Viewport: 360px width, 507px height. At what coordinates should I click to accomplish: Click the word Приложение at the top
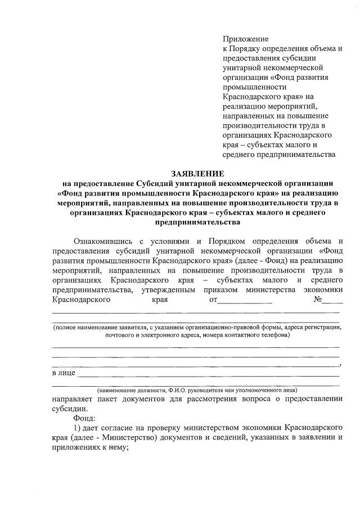tap(246, 39)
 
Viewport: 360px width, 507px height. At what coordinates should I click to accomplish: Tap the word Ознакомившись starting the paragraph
tap(103, 241)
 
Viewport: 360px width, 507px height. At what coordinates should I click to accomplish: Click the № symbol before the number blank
tap(317, 300)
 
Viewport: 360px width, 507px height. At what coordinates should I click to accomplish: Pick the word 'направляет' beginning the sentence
tap(73, 399)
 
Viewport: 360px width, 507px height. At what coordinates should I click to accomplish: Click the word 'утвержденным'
tap(168, 289)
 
